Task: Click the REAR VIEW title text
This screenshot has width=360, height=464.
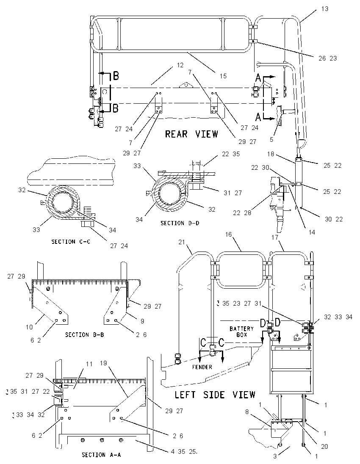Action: click(x=191, y=134)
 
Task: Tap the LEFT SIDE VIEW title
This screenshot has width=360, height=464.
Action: click(x=215, y=395)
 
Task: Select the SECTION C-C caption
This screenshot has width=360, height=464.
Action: click(x=71, y=242)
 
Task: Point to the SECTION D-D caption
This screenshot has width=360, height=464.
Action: click(x=180, y=223)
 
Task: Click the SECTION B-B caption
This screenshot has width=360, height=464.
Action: click(x=85, y=335)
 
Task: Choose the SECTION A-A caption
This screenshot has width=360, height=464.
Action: click(x=101, y=455)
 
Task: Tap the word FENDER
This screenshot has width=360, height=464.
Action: click(x=202, y=367)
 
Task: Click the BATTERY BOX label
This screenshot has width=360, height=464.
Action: click(x=241, y=331)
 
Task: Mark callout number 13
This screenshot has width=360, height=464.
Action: click(x=325, y=9)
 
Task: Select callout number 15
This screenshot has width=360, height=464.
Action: click(x=223, y=76)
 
